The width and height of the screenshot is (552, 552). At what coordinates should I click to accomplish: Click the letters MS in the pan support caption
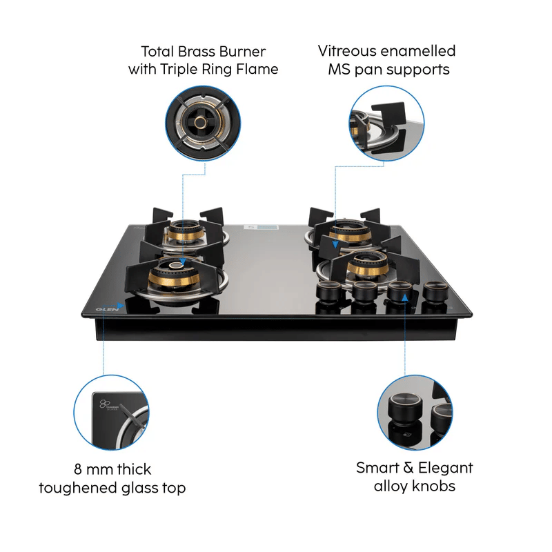(x=339, y=70)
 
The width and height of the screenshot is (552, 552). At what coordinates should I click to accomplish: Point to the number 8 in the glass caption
(x=78, y=470)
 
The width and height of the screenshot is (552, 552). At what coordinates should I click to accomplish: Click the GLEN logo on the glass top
(x=107, y=309)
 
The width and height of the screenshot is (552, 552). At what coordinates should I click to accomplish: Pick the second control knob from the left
(x=364, y=291)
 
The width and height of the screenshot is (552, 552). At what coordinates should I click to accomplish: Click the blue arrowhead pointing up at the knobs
(x=405, y=298)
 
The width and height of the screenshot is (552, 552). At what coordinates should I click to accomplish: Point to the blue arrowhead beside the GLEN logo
(x=120, y=306)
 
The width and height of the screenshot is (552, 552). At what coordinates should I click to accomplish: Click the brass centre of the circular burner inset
(x=201, y=123)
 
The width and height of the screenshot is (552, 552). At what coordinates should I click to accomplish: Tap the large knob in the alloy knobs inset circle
(x=405, y=411)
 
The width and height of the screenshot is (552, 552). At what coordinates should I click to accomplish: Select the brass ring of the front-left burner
(x=174, y=279)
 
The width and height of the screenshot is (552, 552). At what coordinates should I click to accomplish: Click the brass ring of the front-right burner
(x=368, y=269)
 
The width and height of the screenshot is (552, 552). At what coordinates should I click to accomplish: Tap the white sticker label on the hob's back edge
(x=261, y=228)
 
